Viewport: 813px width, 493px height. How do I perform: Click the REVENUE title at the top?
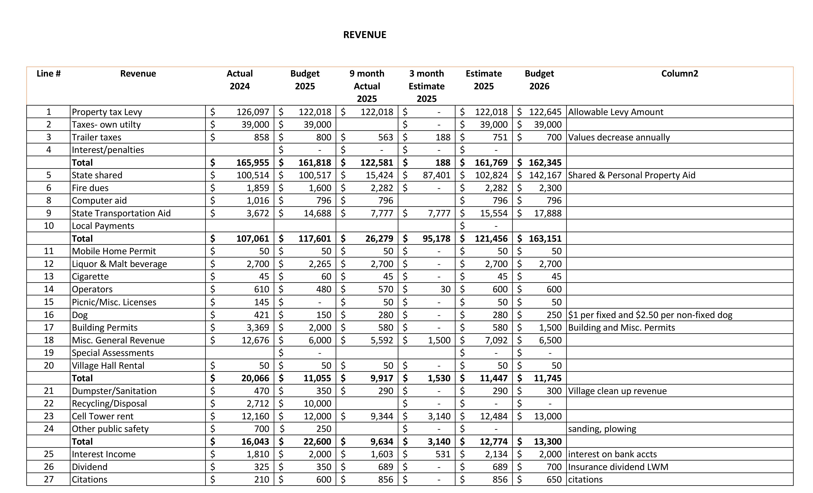[365, 35]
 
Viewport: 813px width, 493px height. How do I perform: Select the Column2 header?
[679, 73]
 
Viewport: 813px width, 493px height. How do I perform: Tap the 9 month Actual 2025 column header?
[367, 86]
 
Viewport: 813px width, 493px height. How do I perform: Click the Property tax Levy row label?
[107, 112]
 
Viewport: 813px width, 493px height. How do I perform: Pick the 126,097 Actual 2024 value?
[253, 112]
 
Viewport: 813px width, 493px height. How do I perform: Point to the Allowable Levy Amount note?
[615, 112]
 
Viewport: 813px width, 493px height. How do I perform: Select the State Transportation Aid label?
[121, 213]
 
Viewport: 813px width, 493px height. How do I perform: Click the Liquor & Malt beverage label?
[119, 264]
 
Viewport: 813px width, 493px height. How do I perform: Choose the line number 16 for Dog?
[49, 315]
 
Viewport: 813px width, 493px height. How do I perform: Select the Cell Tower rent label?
[103, 416]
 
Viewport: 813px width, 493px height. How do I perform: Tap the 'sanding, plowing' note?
[602, 429]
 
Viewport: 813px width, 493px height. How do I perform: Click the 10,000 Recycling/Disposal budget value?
[317, 403]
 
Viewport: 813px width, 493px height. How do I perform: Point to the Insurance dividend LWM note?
[618, 467]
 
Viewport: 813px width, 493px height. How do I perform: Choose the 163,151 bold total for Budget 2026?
[545, 239]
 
